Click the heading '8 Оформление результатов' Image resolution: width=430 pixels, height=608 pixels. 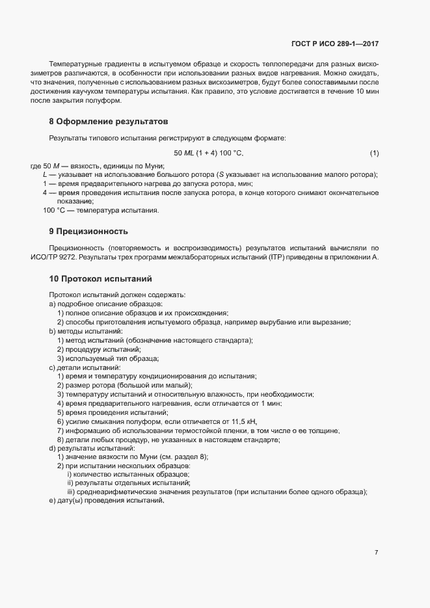[x=109, y=122]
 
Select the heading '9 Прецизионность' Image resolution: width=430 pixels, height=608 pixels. [x=88, y=231]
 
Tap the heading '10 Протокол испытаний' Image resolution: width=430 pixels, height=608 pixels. [x=100, y=278]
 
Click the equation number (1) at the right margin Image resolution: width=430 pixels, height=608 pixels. [x=374, y=153]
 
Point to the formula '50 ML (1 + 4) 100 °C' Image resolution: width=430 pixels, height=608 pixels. [x=208, y=153]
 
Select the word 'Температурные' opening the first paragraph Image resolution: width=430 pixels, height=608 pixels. [x=72, y=65]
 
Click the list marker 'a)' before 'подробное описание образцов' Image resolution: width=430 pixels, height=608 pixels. [x=52, y=304]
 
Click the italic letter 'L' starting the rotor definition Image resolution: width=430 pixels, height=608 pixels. [x=44, y=175]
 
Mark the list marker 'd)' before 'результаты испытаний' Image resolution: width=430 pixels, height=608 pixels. [x=52, y=449]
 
